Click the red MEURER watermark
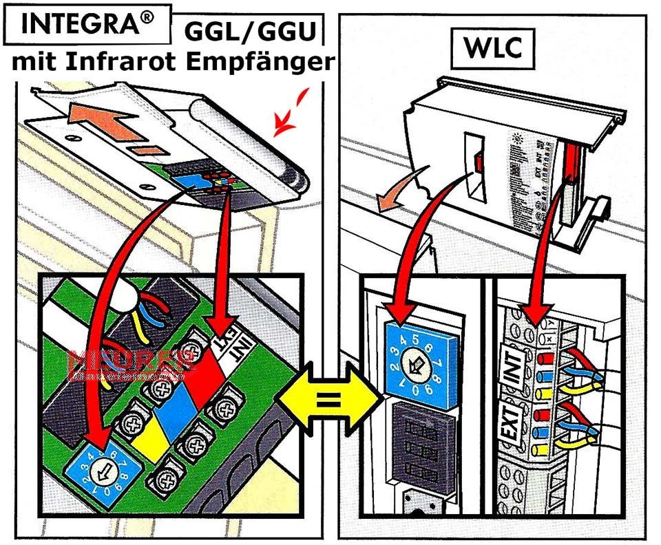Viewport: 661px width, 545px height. coord(128,365)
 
